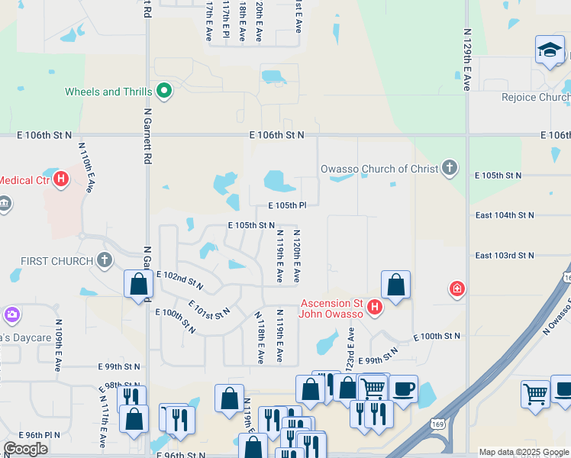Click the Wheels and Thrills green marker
163,92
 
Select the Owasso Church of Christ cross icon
450,169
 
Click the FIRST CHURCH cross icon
105,261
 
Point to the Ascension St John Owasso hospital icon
374,308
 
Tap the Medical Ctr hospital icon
61,180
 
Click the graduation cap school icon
550,50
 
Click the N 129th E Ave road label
466,60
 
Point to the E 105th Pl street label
286,205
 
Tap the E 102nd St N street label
179,280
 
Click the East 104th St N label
504,216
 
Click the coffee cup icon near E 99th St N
403,387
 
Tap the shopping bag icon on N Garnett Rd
138,284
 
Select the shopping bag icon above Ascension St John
395,285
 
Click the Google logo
25,449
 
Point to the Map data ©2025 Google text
524,452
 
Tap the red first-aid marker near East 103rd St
456,289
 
